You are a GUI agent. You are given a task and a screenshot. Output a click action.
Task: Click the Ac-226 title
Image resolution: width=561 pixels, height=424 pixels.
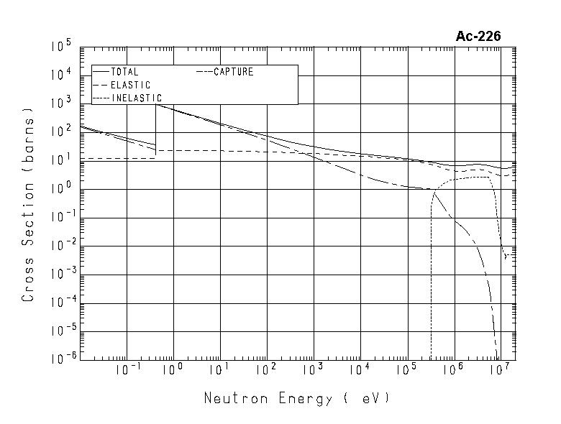(x=478, y=37)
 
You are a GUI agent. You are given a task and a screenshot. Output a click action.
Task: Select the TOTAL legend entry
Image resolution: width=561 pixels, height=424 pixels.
(x=124, y=72)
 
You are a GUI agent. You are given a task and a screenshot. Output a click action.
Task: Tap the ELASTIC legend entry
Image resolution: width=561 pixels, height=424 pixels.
(x=130, y=85)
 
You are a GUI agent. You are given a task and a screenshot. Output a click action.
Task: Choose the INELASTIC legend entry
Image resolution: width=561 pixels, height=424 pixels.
(x=137, y=98)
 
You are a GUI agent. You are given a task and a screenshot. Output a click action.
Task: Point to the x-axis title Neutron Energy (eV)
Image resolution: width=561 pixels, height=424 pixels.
(x=297, y=398)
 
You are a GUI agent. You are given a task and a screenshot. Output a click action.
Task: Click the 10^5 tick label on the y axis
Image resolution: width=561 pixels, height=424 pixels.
(x=60, y=47)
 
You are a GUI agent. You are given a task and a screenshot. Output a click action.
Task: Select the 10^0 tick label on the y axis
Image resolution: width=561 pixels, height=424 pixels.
(x=61, y=189)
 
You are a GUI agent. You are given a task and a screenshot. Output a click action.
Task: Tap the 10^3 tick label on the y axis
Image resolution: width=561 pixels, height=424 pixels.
(x=61, y=103)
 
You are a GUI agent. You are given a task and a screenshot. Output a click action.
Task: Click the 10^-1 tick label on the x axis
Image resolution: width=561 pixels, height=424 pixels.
(x=127, y=370)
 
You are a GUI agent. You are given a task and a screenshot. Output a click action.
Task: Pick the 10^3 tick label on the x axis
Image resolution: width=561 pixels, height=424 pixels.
(x=313, y=370)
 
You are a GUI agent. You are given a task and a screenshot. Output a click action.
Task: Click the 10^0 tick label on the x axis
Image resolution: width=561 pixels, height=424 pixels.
(x=174, y=370)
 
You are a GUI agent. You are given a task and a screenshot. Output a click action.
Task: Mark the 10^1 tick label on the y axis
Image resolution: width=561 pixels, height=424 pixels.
(x=61, y=160)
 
